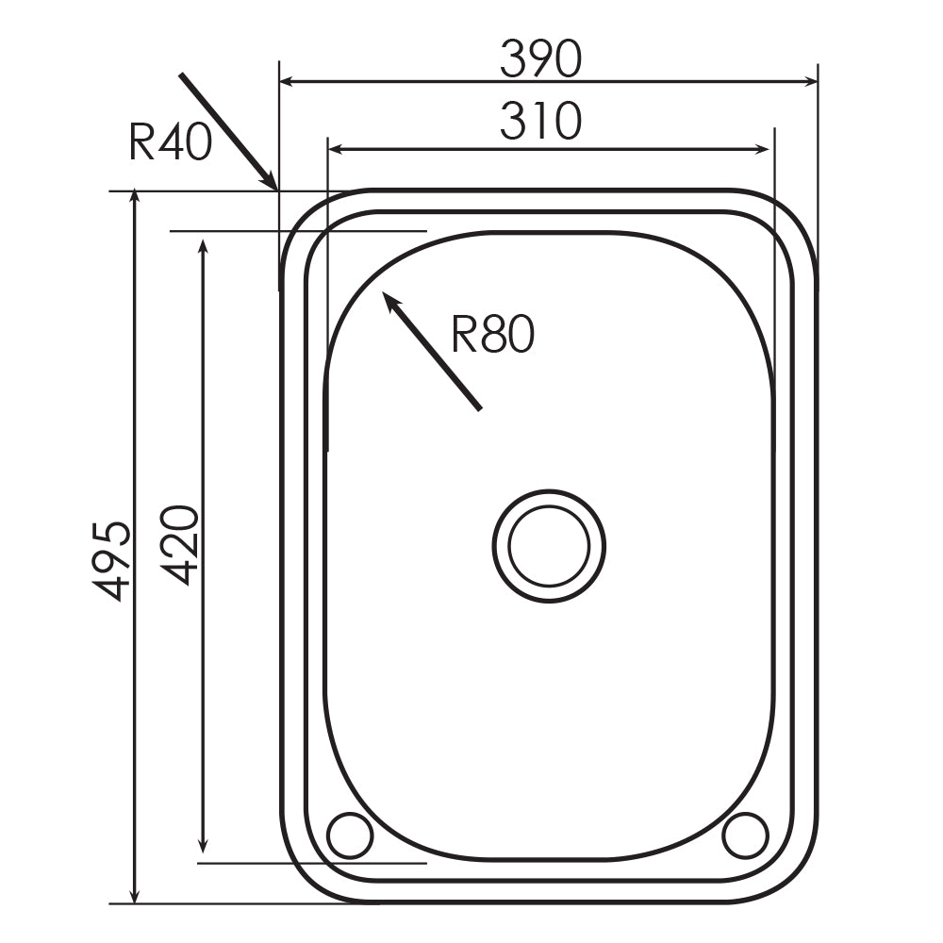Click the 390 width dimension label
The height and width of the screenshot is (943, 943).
point(541,60)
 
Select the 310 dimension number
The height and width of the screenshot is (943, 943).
point(541,123)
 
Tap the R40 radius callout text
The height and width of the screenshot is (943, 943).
point(170,144)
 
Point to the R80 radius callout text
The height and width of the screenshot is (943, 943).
point(492,335)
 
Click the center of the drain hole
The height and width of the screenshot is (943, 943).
point(549,546)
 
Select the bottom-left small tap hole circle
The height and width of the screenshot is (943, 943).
point(350,835)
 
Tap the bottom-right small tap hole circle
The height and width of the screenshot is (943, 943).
point(745,835)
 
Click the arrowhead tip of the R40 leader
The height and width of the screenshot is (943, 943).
point(275,189)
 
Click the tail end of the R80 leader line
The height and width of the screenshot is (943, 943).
point(480,409)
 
